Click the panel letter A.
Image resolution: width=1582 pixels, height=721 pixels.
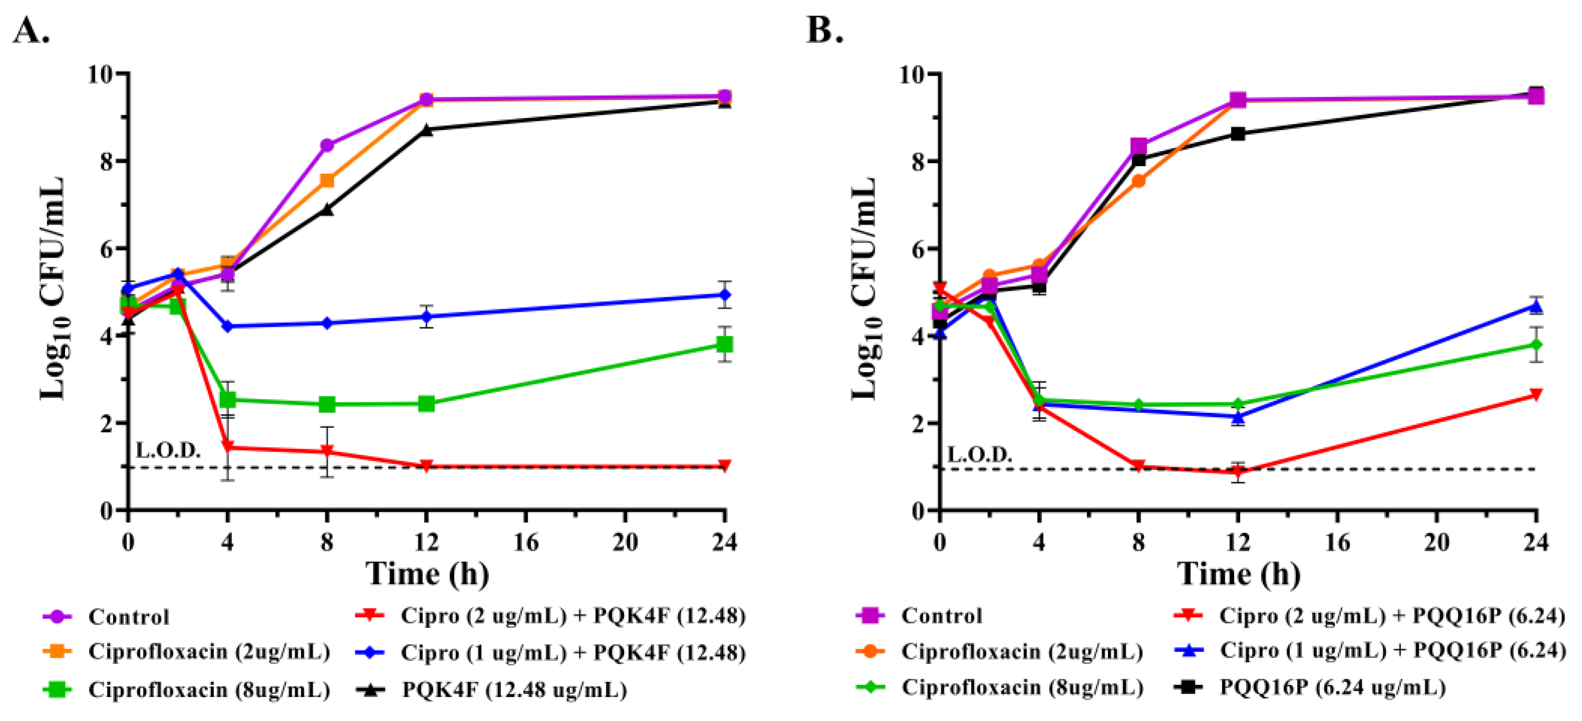point(31,31)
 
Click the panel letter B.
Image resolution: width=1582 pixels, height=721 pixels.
point(825,31)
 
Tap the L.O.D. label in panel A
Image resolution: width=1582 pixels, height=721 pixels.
point(168,451)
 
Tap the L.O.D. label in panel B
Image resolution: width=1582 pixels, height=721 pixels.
point(979,455)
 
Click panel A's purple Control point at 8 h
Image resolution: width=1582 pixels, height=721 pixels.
point(327,146)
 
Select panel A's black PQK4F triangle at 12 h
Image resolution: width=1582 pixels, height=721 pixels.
point(426,130)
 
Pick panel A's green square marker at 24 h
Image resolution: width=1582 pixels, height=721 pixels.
point(725,345)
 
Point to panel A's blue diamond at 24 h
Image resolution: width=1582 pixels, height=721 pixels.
point(725,295)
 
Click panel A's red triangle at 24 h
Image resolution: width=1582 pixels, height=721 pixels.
point(725,465)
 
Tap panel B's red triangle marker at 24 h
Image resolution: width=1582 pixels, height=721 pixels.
point(1536,395)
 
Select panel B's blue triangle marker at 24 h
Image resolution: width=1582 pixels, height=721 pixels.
point(1536,306)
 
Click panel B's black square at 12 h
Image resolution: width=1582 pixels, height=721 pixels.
point(1238,134)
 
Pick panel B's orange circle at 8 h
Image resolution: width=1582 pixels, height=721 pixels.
point(1138,181)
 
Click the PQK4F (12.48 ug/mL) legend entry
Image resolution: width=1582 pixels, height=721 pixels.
point(514,689)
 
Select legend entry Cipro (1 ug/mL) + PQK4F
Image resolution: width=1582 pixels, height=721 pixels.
point(573,653)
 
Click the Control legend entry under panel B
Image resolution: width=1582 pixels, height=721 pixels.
point(941,616)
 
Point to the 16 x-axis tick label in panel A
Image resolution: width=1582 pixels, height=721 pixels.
point(525,543)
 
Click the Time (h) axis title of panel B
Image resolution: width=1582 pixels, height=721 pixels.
point(1239,575)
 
